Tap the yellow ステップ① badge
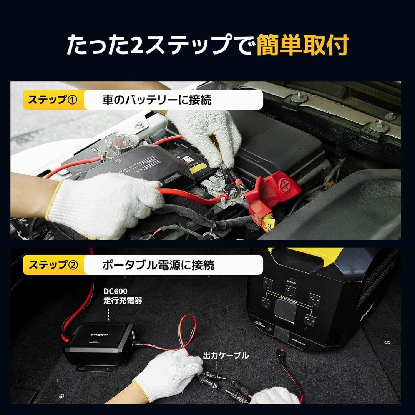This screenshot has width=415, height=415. [x=53, y=100]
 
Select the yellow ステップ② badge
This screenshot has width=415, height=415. [x=53, y=265]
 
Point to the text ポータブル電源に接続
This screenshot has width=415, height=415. [x=158, y=265]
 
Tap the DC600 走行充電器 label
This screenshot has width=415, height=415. [x=123, y=296]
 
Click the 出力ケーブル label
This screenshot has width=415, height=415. [x=226, y=355]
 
